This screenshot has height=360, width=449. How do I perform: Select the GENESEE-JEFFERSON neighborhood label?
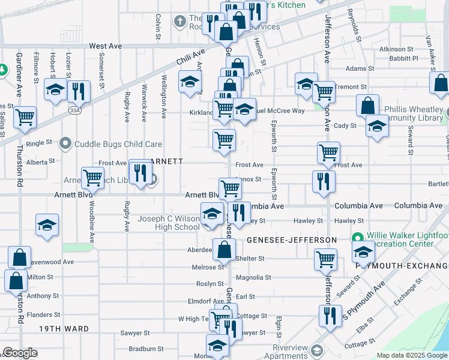click(292, 240)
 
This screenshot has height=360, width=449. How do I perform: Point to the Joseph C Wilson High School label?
click(169, 223)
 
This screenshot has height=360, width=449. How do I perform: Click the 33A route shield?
click(74, 110)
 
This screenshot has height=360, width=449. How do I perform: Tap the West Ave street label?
click(105, 46)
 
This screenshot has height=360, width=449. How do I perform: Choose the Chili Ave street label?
click(191, 58)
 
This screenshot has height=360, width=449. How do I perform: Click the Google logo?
click(20, 353)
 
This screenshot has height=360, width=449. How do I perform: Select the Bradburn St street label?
click(146, 349)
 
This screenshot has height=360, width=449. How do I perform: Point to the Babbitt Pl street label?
click(403, 59)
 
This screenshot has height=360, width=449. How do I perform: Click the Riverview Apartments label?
click(282, 351)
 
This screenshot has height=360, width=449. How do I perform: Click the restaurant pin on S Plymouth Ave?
click(329, 316)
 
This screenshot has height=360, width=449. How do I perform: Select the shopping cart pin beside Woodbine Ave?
click(92, 178)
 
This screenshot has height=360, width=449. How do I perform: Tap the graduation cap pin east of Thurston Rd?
click(47, 225)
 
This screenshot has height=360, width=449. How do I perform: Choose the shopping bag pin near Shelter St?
click(224, 248)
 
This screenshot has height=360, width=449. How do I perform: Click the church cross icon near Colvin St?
click(178, 22)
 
